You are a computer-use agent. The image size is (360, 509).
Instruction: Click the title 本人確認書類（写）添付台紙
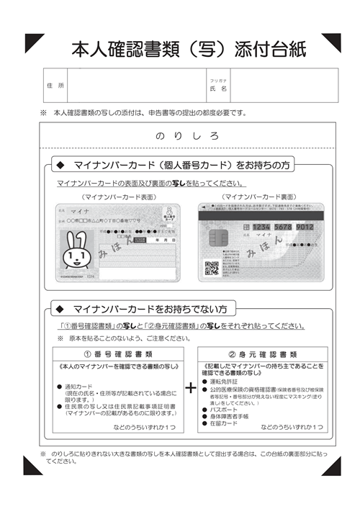tap(189, 49)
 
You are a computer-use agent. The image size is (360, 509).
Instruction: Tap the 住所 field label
tap(55, 86)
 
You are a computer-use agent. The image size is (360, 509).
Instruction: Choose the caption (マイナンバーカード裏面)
tap(259, 196)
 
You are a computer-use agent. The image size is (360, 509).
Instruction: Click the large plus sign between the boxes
tap(190, 388)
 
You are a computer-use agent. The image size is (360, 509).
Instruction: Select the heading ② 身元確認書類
tap(262, 353)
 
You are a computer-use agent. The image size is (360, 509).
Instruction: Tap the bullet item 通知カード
tap(82, 387)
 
